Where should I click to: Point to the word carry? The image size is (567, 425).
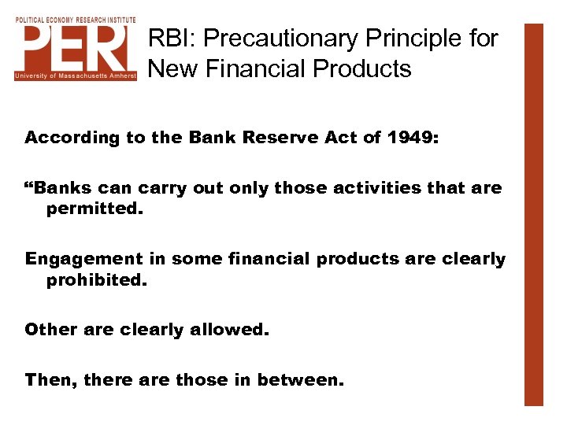point(161,189)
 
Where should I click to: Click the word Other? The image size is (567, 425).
point(49,330)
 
